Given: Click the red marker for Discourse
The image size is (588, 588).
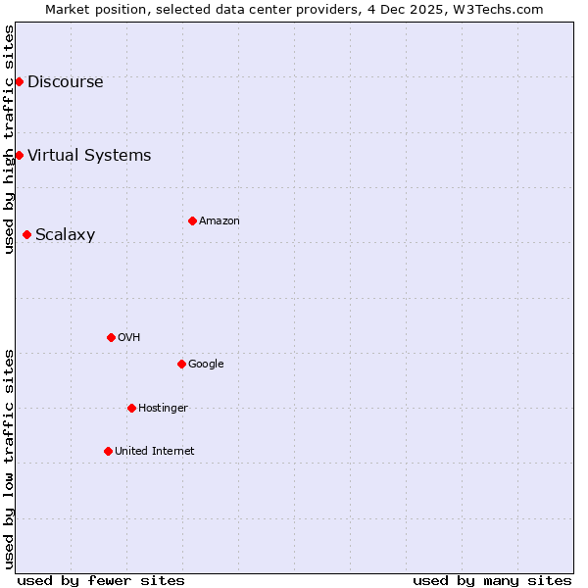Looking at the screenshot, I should pyautogui.click(x=19, y=81).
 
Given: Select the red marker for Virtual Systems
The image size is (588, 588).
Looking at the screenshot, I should pyautogui.click(x=19, y=155).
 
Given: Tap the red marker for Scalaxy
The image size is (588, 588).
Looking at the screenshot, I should pyautogui.click(x=26, y=234).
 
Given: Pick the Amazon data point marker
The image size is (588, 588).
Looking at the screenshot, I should pyautogui.click(x=192, y=220).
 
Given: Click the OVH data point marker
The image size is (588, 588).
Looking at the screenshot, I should pyautogui.click(x=111, y=337).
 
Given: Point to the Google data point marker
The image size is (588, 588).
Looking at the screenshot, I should pyautogui.click(x=181, y=364).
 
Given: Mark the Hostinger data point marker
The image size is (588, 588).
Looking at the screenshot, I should pyautogui.click(x=131, y=408).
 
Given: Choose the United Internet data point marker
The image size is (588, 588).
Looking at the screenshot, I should pyautogui.click(x=108, y=451).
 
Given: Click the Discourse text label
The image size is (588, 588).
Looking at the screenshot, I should pyautogui.click(x=65, y=81).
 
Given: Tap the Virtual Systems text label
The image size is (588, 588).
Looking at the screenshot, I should pyautogui.click(x=89, y=155).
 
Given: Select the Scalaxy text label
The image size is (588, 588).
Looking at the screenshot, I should pyautogui.click(x=65, y=234).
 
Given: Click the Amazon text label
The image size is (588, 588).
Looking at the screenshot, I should pyautogui.click(x=219, y=220).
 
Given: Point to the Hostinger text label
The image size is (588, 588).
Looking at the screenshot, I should pyautogui.click(x=163, y=408).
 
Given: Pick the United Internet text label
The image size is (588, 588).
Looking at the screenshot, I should pyautogui.click(x=154, y=451).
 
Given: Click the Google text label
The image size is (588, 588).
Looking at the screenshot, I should pyautogui.click(x=206, y=364).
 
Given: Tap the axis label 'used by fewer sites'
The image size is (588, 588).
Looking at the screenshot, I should pyautogui.click(x=101, y=580).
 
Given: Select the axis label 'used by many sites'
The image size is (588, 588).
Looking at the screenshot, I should pyautogui.click(x=492, y=580).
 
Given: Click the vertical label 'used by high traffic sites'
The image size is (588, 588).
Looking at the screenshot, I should pyautogui.click(x=9, y=139).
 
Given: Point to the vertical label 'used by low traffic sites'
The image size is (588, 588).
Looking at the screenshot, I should pyautogui.click(x=9, y=459).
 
